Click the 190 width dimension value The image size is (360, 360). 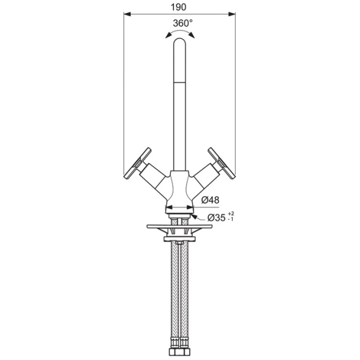178,7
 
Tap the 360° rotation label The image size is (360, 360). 183,23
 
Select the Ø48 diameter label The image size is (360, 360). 210,200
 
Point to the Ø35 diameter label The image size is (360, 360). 217,218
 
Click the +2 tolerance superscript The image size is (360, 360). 231,214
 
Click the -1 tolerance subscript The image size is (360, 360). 231,219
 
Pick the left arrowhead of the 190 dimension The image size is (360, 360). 127,14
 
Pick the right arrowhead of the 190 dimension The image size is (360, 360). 232,14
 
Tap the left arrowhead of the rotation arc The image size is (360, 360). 168,35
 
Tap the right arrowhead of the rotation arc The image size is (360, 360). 191,35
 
